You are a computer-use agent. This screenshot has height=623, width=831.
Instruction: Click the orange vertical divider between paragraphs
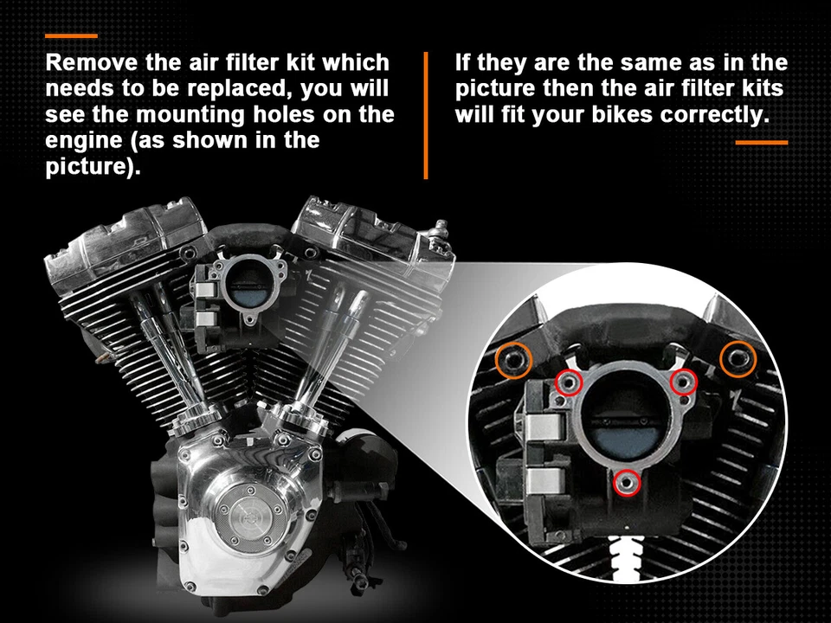(426, 114)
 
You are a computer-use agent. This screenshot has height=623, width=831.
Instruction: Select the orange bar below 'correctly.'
(761, 142)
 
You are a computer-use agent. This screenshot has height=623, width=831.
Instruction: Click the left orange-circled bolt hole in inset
(513, 360)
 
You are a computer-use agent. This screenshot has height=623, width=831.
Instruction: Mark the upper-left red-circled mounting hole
(568, 382)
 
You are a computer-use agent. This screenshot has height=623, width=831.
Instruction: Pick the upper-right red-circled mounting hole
(684, 382)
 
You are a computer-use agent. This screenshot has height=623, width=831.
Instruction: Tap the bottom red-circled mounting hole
(627, 482)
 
